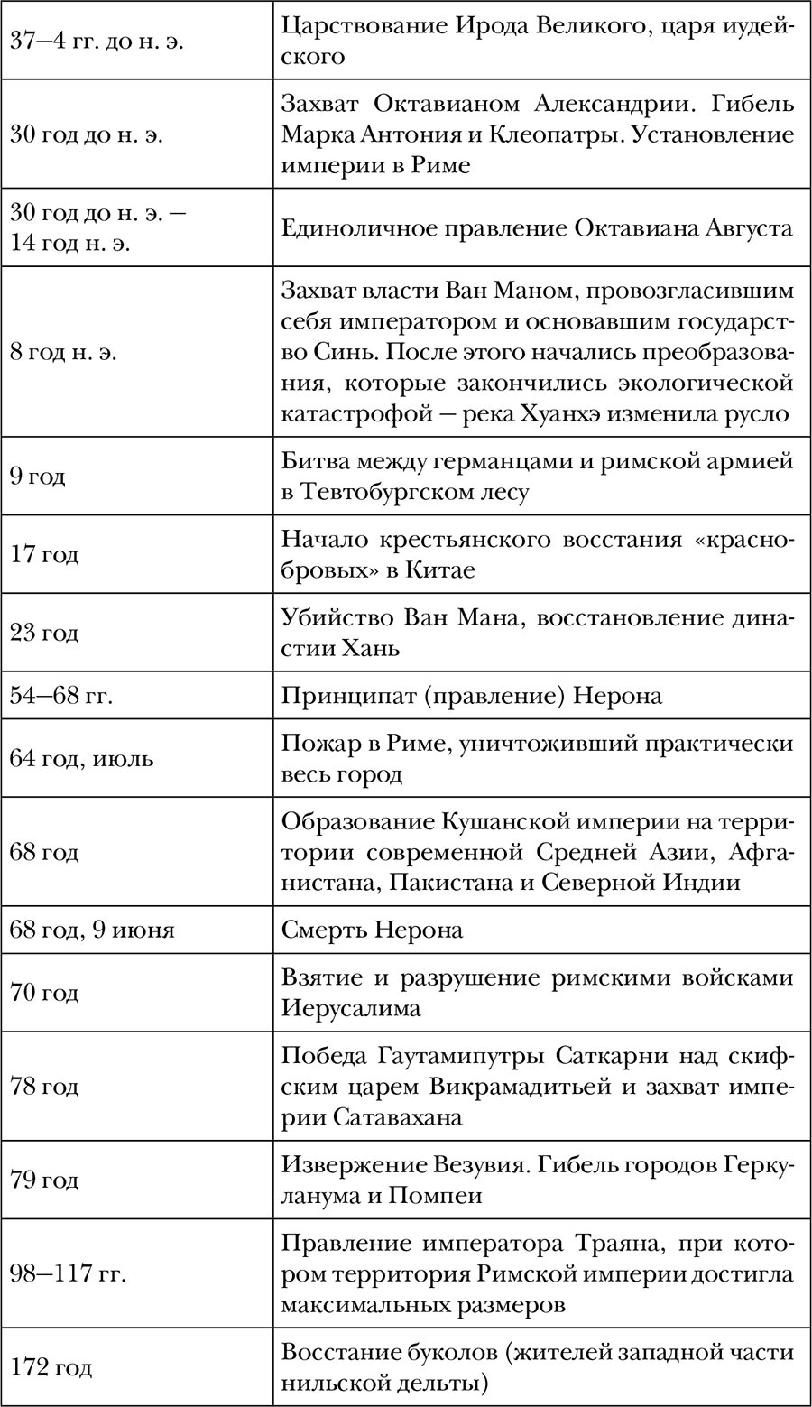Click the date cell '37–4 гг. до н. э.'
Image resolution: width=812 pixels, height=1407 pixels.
[x=97, y=42]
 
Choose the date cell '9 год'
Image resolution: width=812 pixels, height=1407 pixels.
[x=38, y=476]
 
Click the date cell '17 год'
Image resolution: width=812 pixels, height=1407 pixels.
[x=44, y=553]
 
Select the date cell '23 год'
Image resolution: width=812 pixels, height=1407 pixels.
[x=44, y=633]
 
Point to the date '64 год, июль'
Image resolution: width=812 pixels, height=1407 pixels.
[x=82, y=758]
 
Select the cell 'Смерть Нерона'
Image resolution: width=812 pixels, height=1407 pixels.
[x=373, y=929]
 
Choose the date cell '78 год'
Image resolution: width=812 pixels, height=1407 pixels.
[x=44, y=1086]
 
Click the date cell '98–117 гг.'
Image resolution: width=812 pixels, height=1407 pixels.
[x=68, y=1273]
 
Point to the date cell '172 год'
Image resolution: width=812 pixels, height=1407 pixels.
[x=51, y=1367]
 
